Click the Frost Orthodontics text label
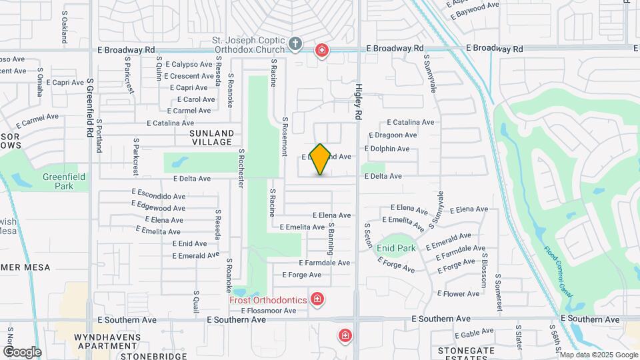[268, 300]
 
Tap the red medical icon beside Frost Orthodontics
[317, 299]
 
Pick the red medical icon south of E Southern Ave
[345, 335]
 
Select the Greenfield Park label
[58, 181]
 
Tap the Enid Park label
[396, 249]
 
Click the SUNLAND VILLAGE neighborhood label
[205, 137]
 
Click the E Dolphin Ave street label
[387, 149]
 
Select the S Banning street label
[330, 239]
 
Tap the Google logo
[21, 352]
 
